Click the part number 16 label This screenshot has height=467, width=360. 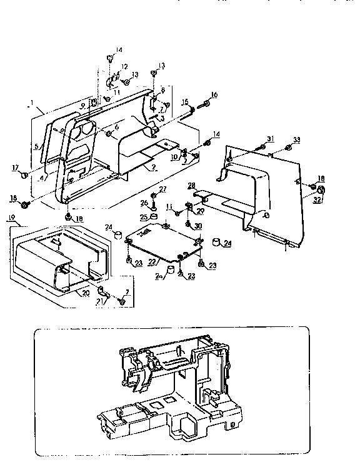coord(214,94)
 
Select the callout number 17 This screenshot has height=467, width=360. coord(14,168)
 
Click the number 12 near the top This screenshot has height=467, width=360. coord(124,67)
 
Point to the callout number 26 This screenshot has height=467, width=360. coord(144,203)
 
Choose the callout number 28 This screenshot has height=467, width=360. coord(192,185)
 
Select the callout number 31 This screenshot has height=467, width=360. coord(271,138)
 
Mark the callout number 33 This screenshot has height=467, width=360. coord(297,139)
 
